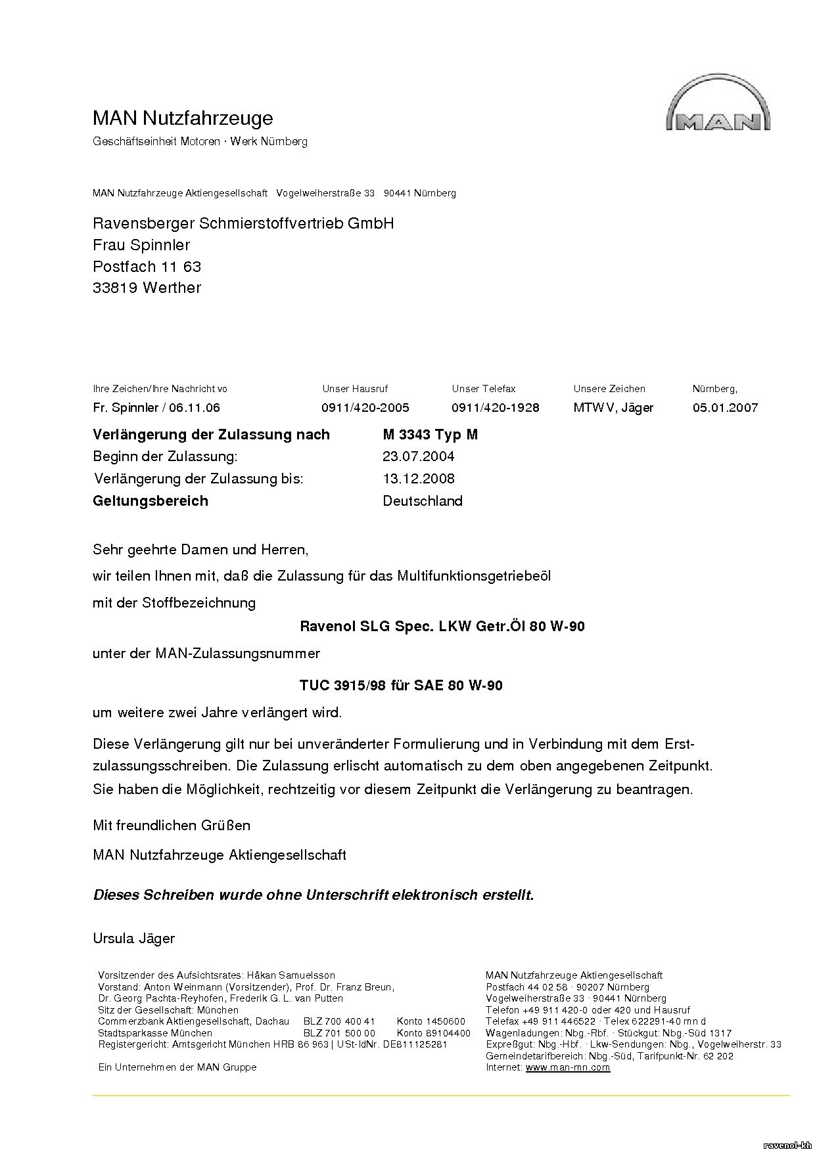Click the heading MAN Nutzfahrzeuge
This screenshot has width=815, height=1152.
183,118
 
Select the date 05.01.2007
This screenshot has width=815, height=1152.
725,408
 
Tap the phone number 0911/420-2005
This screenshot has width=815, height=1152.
365,408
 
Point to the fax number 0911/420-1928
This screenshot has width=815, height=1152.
495,408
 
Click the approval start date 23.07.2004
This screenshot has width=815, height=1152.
418,456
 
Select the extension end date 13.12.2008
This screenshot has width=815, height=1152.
418,479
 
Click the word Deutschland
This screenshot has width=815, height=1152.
423,501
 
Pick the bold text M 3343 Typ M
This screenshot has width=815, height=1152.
430,435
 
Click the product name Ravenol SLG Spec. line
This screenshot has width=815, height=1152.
442,627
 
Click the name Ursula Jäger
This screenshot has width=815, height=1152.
134,938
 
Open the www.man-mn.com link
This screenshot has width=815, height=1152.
568,1067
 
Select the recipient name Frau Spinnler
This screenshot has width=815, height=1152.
141,245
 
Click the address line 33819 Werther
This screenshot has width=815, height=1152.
147,288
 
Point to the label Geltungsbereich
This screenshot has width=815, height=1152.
151,501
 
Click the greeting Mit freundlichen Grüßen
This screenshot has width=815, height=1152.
172,826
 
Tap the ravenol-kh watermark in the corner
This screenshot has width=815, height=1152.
787,1145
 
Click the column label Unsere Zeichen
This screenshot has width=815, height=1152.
609,389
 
